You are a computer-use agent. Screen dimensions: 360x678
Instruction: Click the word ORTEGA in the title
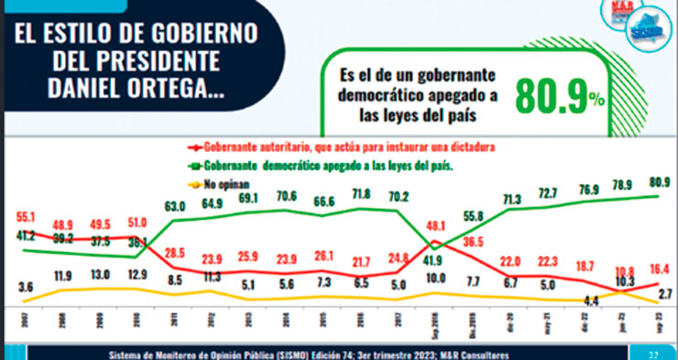169,93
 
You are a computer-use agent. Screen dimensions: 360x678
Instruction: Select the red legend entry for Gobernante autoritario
344,147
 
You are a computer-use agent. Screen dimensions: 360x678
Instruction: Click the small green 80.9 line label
659,180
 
